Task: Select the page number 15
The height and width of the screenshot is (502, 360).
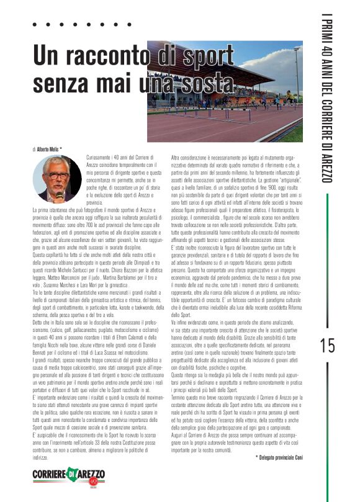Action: (x=326, y=346)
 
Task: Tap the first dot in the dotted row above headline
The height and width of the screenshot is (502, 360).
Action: (x=35, y=24)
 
